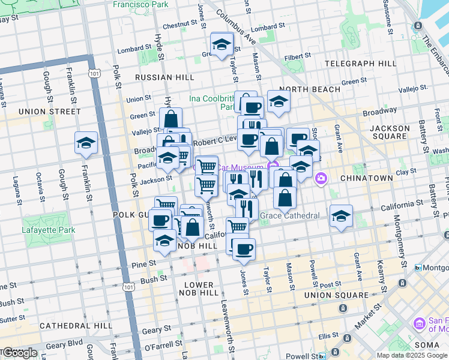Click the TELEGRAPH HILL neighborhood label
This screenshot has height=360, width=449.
[360, 63]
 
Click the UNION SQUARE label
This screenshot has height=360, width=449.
[336, 295]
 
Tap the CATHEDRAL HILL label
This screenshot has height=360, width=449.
[72, 325]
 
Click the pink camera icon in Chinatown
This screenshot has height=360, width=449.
[321, 178]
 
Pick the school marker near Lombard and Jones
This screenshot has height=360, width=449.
[221, 44]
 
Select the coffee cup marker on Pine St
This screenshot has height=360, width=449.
[243, 249]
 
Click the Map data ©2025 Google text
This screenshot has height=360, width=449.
[412, 355]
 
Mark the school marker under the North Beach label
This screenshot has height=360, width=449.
[279, 103]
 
